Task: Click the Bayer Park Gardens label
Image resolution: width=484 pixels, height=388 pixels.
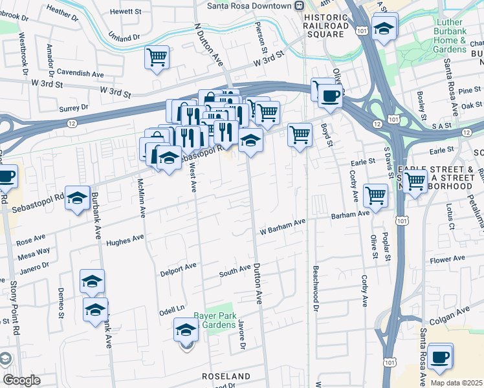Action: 213,321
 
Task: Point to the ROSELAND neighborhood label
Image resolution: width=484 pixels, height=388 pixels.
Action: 226,376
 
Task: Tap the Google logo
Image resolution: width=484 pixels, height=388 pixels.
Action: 21,380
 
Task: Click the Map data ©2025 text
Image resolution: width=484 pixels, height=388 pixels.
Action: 456,383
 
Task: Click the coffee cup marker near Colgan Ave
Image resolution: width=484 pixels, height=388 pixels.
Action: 441,356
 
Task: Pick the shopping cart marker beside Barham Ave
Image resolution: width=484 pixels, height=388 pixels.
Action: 375,195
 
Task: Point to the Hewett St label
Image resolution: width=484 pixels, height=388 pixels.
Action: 125,12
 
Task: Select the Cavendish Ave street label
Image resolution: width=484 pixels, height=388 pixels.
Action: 80,74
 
